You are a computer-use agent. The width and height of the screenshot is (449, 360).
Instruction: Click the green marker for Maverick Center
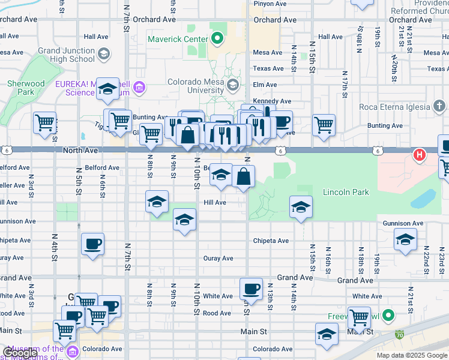coord(217,40)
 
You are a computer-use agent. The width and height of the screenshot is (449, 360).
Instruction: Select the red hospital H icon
coord(420,155)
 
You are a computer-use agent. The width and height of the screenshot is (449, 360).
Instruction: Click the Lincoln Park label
coord(346,193)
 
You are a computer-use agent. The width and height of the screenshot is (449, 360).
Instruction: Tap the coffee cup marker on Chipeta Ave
coord(92,244)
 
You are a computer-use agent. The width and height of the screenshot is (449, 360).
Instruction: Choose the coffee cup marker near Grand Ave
coord(251,289)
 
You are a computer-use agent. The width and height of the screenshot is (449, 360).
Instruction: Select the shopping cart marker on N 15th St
coord(324,124)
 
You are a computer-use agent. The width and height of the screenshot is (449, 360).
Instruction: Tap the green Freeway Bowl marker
coord(389,315)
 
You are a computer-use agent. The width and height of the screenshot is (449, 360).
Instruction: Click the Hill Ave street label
coord(214,203)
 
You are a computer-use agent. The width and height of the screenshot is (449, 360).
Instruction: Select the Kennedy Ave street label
coord(272,101)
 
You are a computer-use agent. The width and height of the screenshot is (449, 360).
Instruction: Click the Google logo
coord(20,353)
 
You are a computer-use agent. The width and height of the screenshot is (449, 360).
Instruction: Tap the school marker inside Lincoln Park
coord(301,207)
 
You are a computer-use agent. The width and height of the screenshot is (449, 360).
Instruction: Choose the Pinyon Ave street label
coord(270,4)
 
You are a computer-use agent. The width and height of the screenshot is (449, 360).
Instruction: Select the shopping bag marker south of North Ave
coord(244,176)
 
